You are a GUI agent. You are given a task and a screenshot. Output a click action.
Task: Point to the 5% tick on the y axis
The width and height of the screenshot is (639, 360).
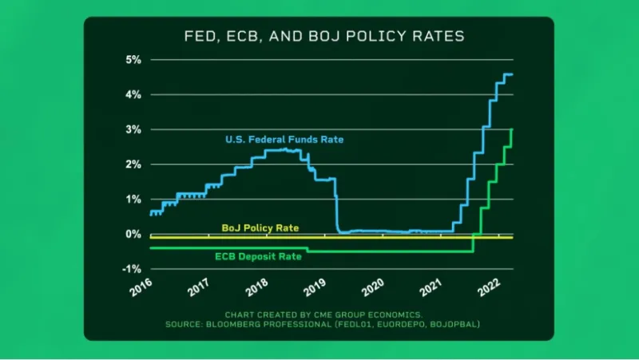133,59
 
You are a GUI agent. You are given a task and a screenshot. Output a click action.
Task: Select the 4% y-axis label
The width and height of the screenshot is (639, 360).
133,94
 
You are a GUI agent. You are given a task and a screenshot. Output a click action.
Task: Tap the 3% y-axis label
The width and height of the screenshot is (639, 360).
133,129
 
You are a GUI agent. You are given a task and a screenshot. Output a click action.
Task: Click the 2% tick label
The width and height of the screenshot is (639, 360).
133,164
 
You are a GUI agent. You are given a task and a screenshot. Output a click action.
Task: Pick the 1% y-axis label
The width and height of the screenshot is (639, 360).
133,199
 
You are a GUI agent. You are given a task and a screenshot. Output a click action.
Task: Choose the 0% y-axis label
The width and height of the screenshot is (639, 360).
133,234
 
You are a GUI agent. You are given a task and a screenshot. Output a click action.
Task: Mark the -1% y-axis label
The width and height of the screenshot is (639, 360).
131,269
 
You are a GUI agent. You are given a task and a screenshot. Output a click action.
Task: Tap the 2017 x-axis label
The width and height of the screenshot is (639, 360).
200,287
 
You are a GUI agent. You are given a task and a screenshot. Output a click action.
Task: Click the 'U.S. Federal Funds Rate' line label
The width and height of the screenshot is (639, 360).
284,140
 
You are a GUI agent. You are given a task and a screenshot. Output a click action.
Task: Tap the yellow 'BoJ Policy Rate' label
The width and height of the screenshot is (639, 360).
260,228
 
